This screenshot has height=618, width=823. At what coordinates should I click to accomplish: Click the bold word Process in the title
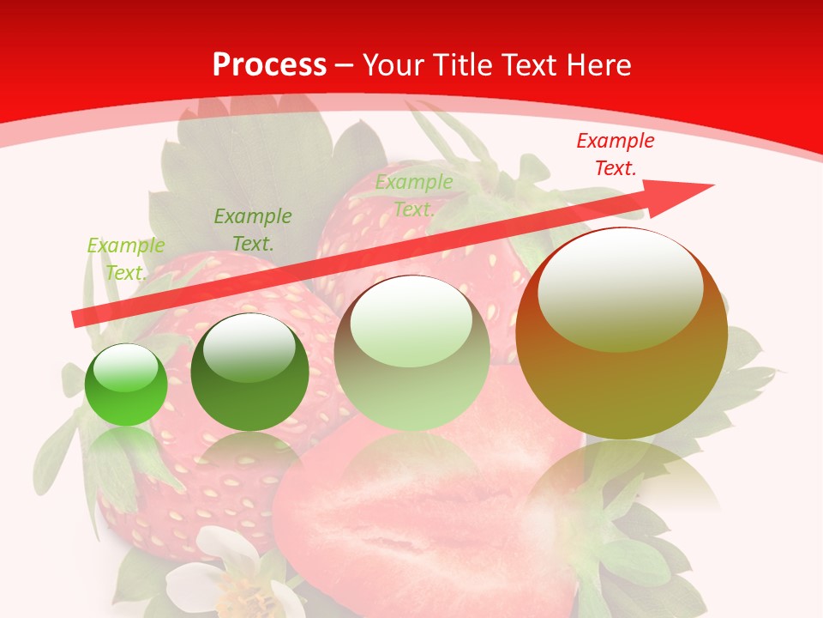pos(269,65)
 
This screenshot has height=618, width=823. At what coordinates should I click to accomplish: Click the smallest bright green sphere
pos(126,385)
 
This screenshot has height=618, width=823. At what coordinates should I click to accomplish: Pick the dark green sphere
pos(249,373)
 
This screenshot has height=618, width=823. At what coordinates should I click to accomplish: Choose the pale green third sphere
pos(411,354)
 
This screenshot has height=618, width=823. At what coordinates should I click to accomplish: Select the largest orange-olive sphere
pos(622,334)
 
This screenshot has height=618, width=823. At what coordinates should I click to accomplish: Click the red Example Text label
pos(615,154)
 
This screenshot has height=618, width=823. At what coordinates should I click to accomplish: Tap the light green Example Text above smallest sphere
pos(126,259)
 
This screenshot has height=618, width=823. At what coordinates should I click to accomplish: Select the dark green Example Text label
pos(253,230)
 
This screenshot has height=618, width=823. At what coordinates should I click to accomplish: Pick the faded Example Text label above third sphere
pos(414,196)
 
